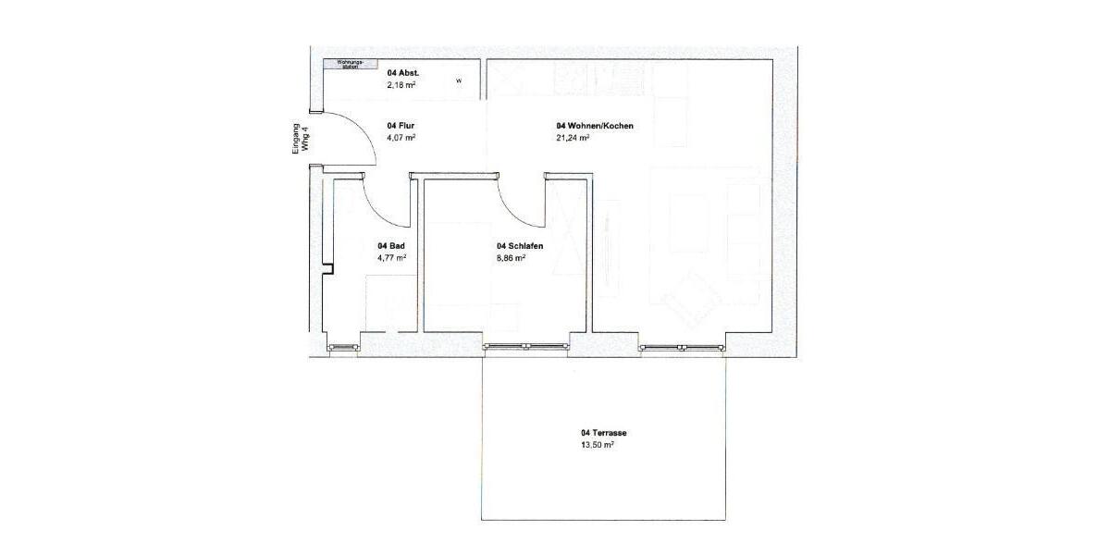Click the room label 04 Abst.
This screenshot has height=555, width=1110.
tap(403, 72)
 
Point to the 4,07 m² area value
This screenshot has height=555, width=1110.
tap(401, 138)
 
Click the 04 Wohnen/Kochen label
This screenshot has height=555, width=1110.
tap(595, 125)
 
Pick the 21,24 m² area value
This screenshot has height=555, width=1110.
tap(573, 138)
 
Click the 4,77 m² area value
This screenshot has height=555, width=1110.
tap(391, 258)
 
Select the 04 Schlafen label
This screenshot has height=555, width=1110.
tap(519, 245)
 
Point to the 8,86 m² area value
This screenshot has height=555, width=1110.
tap(511, 258)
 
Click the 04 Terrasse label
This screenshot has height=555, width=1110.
tap(605, 432)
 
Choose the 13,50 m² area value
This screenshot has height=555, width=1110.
tap(598, 445)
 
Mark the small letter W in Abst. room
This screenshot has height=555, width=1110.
tap(458, 81)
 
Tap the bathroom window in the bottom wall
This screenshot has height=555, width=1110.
tap(344, 348)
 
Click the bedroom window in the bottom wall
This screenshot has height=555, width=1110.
tap(524, 347)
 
